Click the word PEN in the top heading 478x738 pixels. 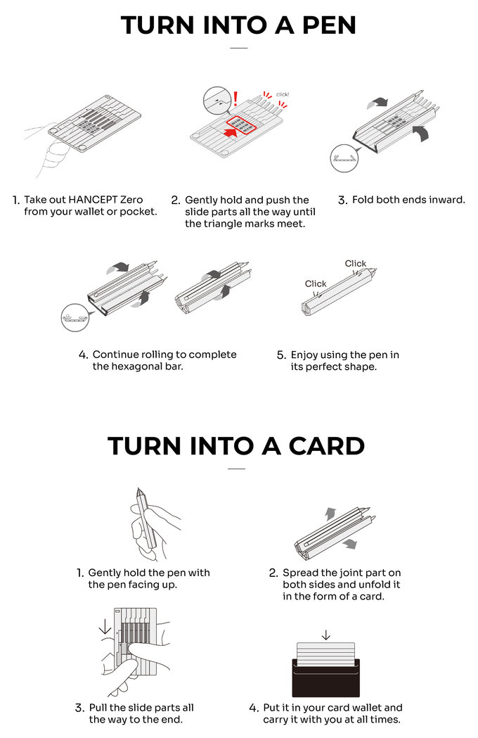click(329, 25)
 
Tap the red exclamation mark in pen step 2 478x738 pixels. click(235, 98)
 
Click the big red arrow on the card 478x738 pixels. click(230, 132)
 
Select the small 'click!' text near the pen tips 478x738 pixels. click(283, 94)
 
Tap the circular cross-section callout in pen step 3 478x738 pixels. click(344, 158)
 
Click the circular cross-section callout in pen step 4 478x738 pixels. click(75, 317)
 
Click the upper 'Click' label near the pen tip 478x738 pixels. click(355, 264)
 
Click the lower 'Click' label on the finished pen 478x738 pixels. click(315, 284)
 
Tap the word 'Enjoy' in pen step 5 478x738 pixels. click(304, 355)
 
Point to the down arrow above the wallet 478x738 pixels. click(325, 635)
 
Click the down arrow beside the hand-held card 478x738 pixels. click(105, 626)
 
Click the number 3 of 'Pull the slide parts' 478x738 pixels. click(79, 708)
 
